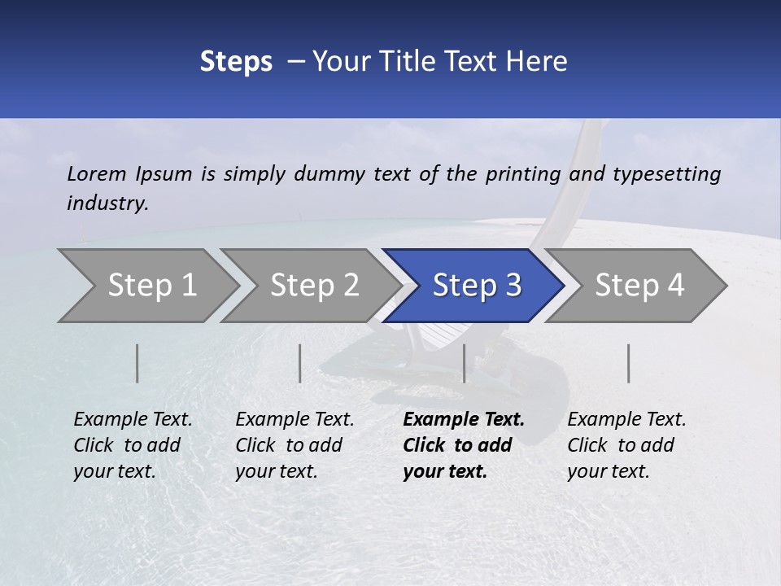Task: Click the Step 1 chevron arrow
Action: (151, 286)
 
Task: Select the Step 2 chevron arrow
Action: (314, 286)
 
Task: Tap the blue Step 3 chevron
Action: (476, 286)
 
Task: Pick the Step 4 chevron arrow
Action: (639, 286)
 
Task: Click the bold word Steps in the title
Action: (236, 62)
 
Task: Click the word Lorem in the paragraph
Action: (96, 173)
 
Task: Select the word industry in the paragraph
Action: (107, 203)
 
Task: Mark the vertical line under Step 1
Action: (137, 363)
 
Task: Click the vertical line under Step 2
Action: (300, 363)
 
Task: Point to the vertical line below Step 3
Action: (464, 363)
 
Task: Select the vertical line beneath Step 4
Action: (628, 363)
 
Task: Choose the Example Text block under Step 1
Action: (133, 445)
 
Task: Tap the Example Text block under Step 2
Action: (295, 445)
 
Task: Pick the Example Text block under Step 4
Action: (626, 445)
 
